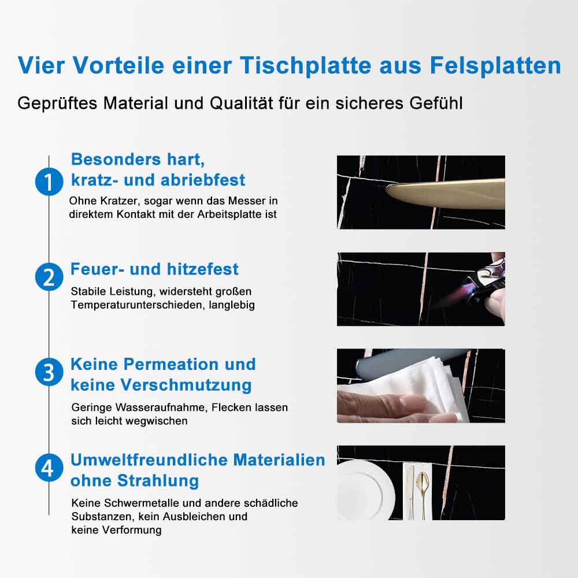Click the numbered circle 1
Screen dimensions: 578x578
point(49,181)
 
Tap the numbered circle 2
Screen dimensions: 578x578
point(49,277)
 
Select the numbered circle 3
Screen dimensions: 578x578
point(49,372)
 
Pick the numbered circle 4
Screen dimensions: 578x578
point(49,468)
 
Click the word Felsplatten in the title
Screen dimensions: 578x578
point(495,66)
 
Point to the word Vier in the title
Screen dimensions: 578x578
point(41,65)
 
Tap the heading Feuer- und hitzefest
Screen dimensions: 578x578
point(154,269)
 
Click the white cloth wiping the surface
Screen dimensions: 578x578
point(409,391)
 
